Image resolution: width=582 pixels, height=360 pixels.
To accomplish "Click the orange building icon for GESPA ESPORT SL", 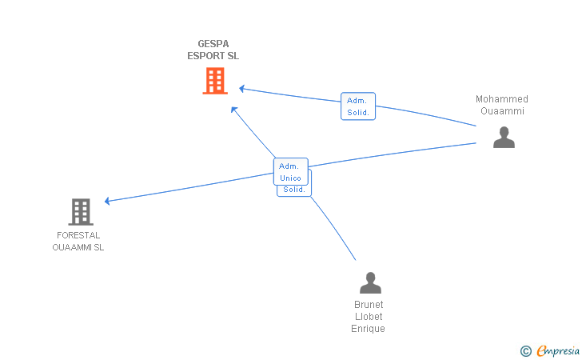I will pyautogui.click(x=214, y=81).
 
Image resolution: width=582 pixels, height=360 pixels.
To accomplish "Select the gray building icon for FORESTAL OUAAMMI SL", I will pyautogui.click(x=80, y=212).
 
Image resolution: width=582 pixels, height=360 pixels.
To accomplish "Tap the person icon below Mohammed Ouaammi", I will pyautogui.click(x=504, y=138).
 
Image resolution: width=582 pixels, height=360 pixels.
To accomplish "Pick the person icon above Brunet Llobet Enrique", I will pyautogui.click(x=370, y=283).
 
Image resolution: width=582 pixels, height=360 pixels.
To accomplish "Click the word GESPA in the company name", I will pyautogui.click(x=207, y=44).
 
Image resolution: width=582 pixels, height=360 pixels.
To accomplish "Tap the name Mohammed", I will pyautogui.click(x=502, y=99).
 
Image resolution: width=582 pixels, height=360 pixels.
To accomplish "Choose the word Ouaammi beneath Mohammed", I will pyautogui.click(x=502, y=111).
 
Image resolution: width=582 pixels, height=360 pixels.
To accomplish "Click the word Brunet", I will pyautogui.click(x=369, y=305).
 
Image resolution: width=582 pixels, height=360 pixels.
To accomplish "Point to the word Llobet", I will pyautogui.click(x=369, y=317).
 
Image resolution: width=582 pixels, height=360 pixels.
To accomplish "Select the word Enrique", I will pyautogui.click(x=369, y=329).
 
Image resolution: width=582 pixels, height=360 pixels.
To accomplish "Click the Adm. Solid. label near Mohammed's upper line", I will pyautogui.click(x=357, y=106).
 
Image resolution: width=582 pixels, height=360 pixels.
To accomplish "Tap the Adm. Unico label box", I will pyautogui.click(x=290, y=171).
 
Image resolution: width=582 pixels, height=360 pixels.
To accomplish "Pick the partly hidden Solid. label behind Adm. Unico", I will pyautogui.click(x=295, y=190).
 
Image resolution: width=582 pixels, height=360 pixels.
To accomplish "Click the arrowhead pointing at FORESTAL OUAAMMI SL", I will pyautogui.click(x=108, y=201).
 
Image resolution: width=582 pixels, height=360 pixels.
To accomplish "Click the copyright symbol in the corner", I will pyautogui.click(x=525, y=350).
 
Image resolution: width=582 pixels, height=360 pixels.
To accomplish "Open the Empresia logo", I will pyautogui.click(x=558, y=350).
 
